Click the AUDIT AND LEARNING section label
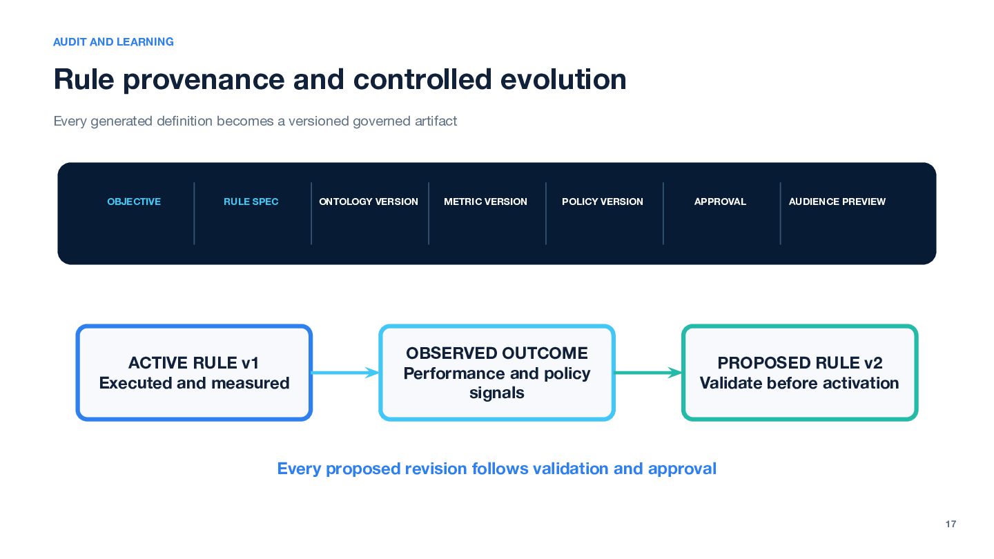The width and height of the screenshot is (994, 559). (x=113, y=41)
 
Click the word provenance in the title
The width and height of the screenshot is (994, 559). (x=204, y=80)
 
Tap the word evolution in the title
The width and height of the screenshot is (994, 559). (x=563, y=79)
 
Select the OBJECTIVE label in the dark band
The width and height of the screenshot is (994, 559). (x=134, y=202)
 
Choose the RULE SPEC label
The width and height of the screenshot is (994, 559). (x=251, y=202)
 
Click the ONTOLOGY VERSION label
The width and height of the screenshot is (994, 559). (x=369, y=202)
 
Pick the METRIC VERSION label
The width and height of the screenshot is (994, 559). (x=485, y=202)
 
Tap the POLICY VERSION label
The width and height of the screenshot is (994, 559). (x=603, y=202)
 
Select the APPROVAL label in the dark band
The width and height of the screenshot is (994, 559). (x=720, y=202)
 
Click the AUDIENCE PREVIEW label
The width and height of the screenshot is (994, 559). (x=837, y=202)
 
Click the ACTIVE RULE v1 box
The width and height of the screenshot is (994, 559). (x=194, y=373)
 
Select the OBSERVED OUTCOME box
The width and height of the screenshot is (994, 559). (x=497, y=373)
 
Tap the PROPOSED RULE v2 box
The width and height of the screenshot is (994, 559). (x=799, y=373)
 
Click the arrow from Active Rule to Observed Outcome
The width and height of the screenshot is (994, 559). (x=346, y=373)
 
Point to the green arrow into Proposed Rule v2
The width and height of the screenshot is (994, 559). (x=648, y=373)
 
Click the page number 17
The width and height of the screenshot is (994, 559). (x=951, y=524)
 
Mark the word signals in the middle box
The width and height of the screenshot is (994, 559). (x=497, y=393)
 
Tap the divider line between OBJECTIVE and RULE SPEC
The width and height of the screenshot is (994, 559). (x=195, y=213)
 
